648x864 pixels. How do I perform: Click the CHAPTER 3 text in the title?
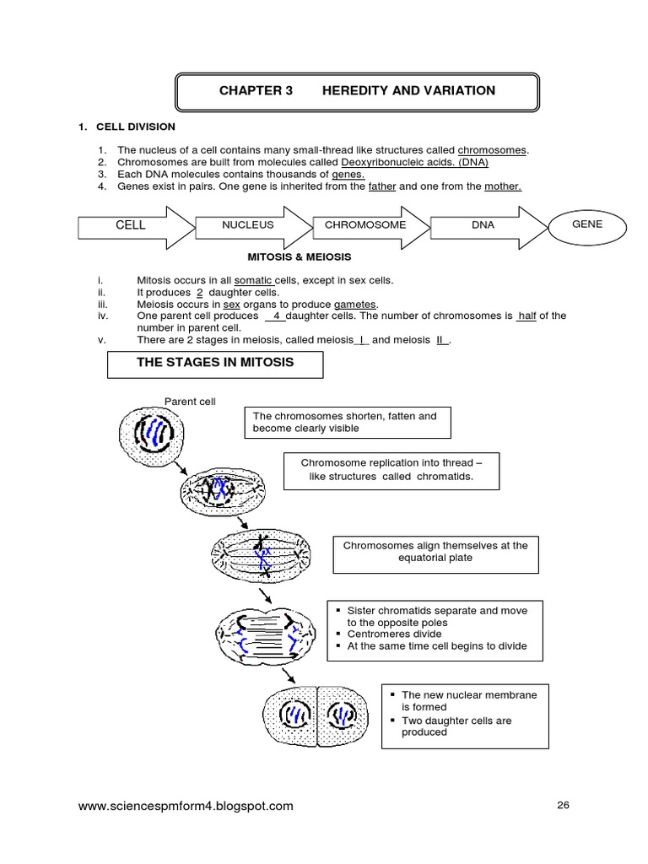(255, 91)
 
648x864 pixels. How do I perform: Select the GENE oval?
(587, 224)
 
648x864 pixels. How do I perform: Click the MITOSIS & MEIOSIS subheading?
(299, 256)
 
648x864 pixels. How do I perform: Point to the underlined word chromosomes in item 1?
(492, 149)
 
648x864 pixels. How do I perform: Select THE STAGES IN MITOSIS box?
(215, 364)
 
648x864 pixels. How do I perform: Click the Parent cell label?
(190, 402)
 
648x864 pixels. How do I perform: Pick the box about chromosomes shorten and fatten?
(346, 422)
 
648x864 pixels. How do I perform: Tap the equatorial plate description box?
(435, 552)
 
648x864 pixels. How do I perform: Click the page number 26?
(564, 805)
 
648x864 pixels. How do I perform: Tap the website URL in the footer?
(186, 806)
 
